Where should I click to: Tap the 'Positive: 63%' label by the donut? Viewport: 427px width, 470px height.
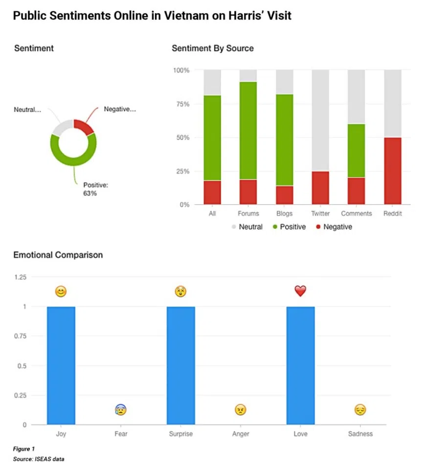pyautogui.click(x=95, y=189)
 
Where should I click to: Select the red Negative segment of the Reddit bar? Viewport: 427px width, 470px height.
pyautogui.click(x=392, y=171)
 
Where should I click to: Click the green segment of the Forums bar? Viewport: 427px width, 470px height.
pyautogui.click(x=248, y=131)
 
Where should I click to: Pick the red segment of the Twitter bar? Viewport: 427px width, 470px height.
pyautogui.click(x=320, y=188)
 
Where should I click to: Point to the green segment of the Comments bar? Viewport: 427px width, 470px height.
pyautogui.click(x=356, y=151)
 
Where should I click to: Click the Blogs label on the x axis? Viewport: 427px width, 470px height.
pyautogui.click(x=284, y=213)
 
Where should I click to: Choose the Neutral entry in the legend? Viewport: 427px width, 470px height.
pyautogui.click(x=247, y=227)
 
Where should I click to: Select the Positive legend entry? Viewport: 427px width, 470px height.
pyautogui.click(x=289, y=227)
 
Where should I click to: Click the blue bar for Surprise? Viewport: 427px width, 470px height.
pyautogui.click(x=180, y=365)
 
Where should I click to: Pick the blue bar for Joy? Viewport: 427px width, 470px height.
pyautogui.click(x=61, y=365)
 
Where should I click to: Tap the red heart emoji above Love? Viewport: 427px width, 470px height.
pyautogui.click(x=300, y=291)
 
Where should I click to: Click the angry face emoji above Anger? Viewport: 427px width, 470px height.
pyautogui.click(x=240, y=410)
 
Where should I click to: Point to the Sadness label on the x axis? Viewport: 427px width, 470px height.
pyautogui.click(x=360, y=434)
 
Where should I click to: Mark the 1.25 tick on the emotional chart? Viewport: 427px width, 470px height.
pyautogui.click(x=20, y=277)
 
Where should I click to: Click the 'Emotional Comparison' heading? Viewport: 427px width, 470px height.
pyautogui.click(x=58, y=255)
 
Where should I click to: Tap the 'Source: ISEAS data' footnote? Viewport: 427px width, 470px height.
pyautogui.click(x=39, y=459)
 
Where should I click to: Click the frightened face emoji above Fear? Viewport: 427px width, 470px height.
pyautogui.click(x=121, y=410)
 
